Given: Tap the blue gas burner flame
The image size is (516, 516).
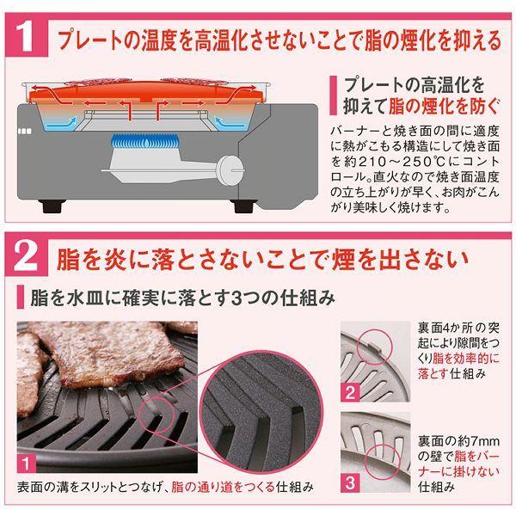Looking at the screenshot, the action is pos(145,142).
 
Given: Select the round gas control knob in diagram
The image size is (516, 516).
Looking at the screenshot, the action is pos(230,170).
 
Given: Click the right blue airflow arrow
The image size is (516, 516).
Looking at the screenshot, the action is pos(230,123).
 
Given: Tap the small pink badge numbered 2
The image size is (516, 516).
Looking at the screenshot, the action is pos(350,393).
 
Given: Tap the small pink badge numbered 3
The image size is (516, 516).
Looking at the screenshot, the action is pos(350,482).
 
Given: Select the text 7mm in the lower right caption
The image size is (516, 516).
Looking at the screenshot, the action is pos(482,441).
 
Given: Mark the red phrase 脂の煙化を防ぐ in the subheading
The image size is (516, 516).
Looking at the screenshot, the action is pos(444,107).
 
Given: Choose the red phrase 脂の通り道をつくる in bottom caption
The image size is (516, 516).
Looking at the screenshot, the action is pos(223,487).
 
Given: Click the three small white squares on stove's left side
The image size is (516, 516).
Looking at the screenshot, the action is pos(24,132).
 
